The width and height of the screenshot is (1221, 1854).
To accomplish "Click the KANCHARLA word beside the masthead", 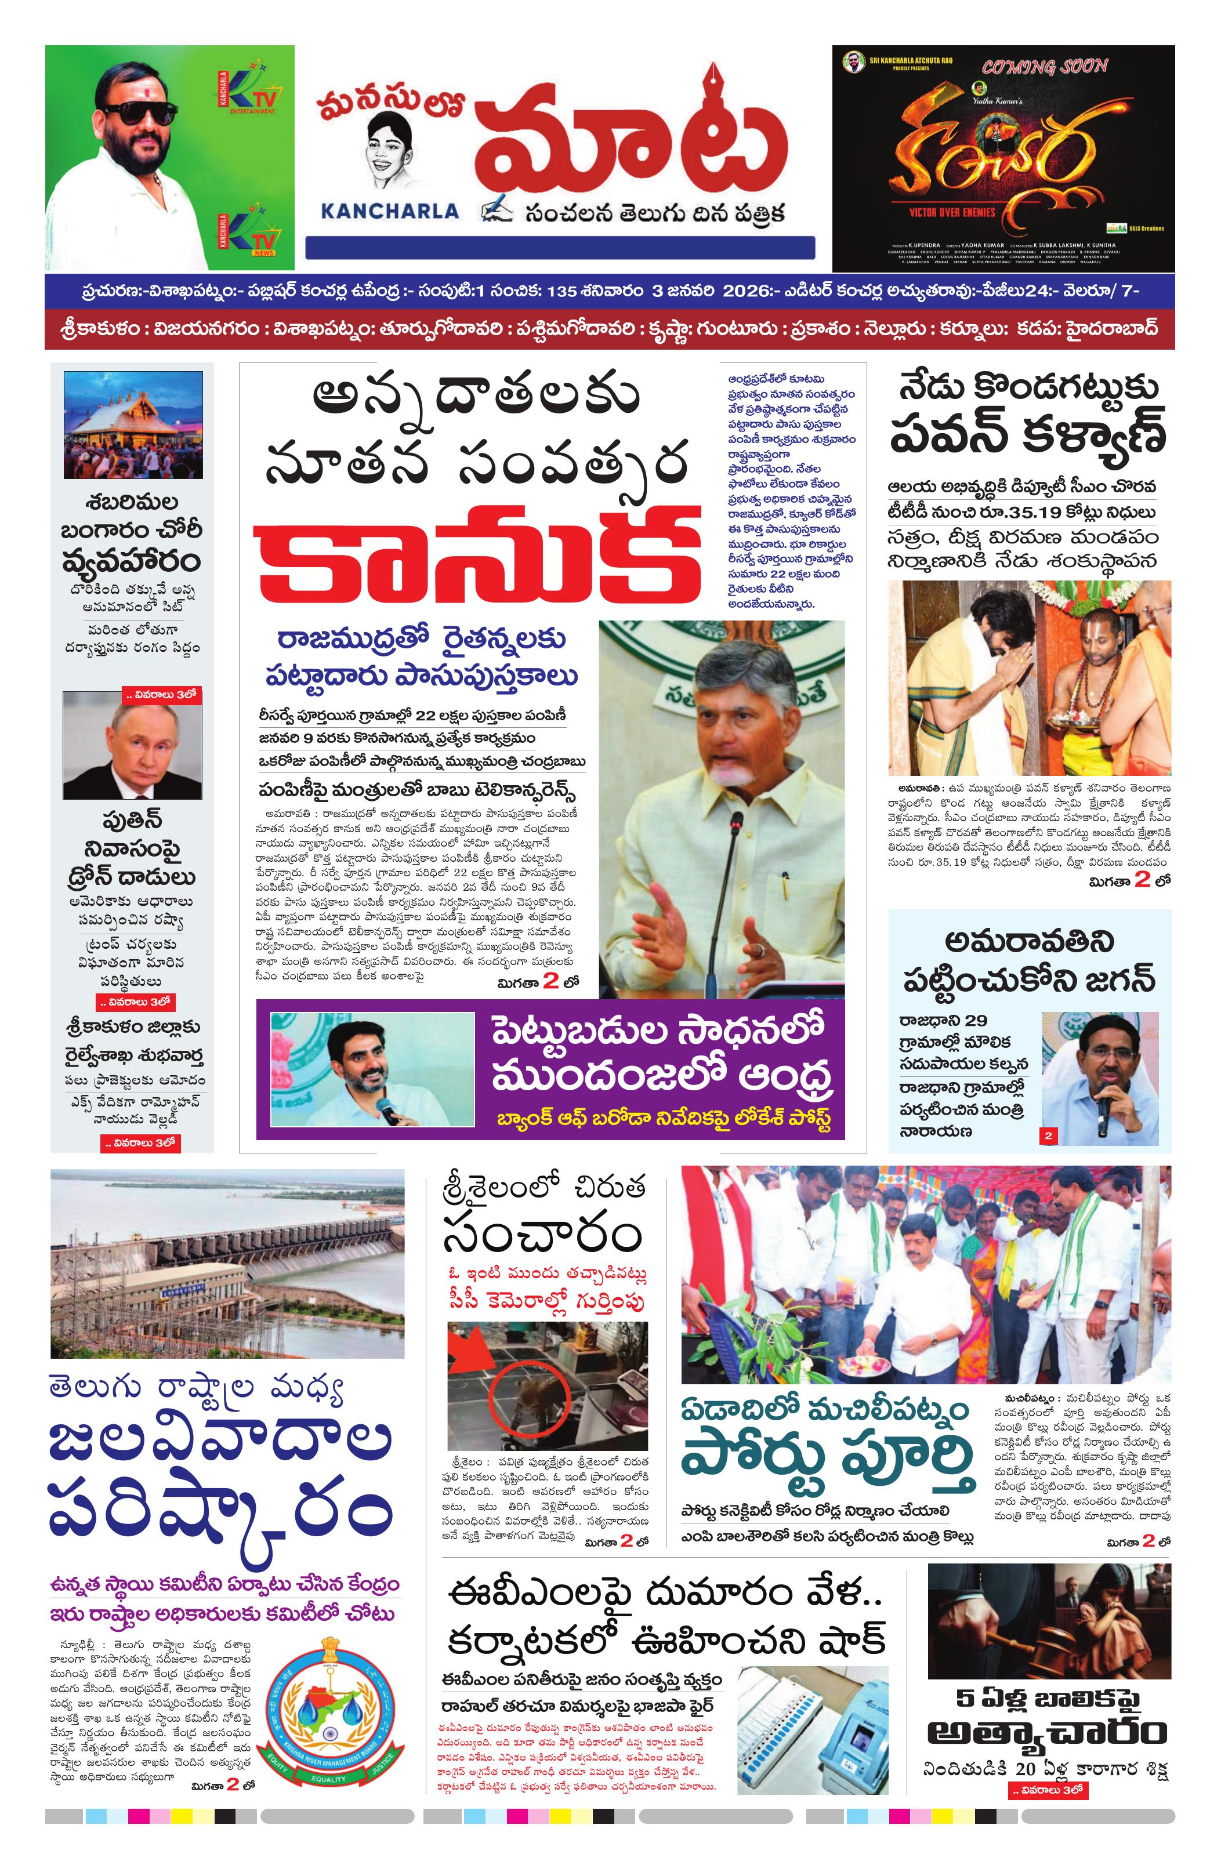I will coord(390,211).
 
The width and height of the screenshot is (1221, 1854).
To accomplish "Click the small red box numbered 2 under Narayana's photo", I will coord(1048,1135).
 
